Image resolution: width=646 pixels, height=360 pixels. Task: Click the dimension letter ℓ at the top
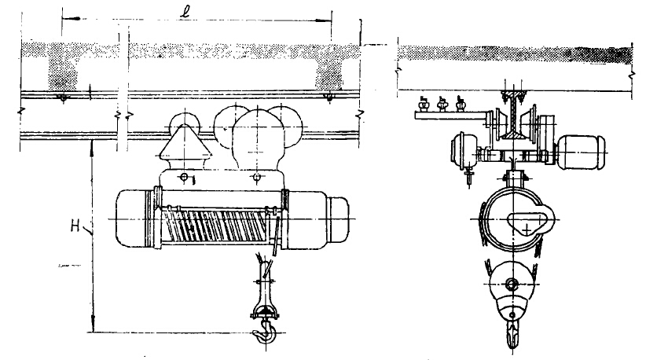tap(184, 13)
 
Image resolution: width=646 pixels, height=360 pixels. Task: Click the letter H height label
tap(75, 226)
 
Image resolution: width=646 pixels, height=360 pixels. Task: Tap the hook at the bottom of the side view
tap(265, 332)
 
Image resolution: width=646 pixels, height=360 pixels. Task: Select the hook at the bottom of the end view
tap(512, 332)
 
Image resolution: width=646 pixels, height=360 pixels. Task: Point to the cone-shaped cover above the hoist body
tap(185, 147)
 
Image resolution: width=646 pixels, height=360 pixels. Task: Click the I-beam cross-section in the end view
tap(512, 116)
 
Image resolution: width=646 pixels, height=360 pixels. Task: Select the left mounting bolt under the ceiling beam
tap(62, 98)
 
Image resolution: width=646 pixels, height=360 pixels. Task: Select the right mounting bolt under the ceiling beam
tap(329, 98)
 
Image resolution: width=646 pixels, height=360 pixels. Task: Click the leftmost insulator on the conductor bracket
tap(423, 105)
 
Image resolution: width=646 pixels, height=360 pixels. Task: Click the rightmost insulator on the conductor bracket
tap(461, 105)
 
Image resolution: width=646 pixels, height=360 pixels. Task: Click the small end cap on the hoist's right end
tap(338, 220)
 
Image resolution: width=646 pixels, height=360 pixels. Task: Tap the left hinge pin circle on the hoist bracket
tap(184, 178)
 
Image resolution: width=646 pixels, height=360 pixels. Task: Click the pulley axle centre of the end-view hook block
tap(512, 284)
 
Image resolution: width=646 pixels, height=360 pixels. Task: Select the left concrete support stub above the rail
tap(63, 73)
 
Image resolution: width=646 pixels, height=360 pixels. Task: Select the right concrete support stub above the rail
tap(329, 73)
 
